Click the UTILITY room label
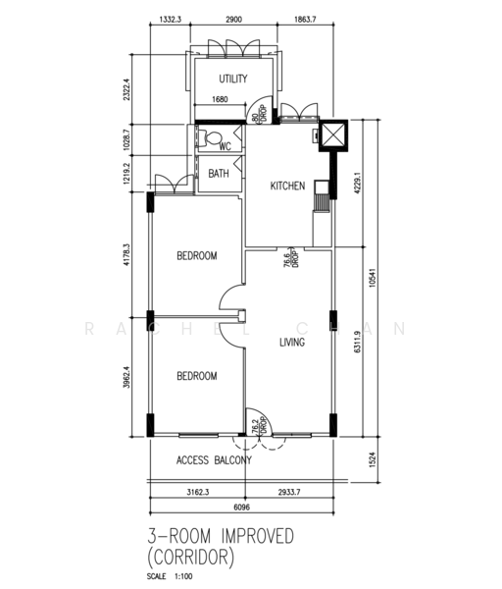click(233, 79)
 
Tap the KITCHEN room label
click(287, 186)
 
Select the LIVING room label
click(292, 342)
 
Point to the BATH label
click(219, 173)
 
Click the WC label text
click(226, 146)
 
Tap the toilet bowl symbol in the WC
click(211, 137)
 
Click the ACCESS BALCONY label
click(214, 460)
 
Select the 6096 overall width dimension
click(241, 508)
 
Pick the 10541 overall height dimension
click(372, 277)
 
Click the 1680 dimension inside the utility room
click(220, 99)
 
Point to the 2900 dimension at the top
click(233, 20)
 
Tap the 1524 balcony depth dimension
click(372, 459)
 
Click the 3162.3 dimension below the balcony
click(198, 492)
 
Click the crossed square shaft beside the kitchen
click(333, 135)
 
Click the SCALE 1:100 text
click(170, 576)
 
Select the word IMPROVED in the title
click(258, 536)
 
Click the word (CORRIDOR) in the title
click(190, 558)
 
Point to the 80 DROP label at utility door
click(260, 114)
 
